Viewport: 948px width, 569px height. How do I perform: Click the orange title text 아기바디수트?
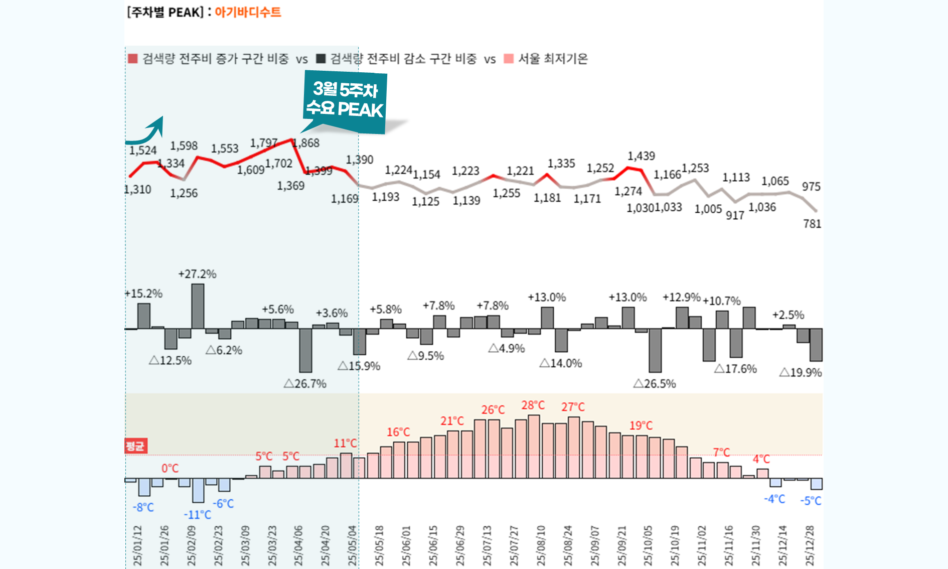coord(248,12)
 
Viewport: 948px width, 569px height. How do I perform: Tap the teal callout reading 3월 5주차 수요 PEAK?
coord(345,100)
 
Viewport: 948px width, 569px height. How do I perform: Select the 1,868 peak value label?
coord(306,143)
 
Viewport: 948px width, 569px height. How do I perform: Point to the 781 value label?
coord(812,224)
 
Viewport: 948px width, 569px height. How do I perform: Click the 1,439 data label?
coord(641,156)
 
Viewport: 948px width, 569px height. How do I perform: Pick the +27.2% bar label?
coord(197,274)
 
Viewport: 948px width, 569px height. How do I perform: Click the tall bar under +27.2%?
coord(198,306)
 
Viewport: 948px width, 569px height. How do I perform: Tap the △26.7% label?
coord(305,384)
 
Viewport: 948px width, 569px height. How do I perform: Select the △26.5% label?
coord(655,384)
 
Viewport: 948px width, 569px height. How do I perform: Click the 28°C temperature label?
coord(533,405)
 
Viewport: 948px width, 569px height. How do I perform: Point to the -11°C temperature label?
coord(197,515)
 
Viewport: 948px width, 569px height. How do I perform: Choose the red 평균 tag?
coord(135,446)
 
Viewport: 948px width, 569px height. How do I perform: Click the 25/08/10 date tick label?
coord(541,546)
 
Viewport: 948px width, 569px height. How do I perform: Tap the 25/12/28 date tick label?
coord(810,546)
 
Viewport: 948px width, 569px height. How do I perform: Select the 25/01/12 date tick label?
coord(137,546)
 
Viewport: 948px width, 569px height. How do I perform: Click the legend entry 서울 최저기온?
coord(552,59)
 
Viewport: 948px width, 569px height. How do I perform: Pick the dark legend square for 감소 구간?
coord(321,59)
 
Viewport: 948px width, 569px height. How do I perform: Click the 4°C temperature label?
coord(761,459)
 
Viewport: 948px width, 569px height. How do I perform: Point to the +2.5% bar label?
coord(788,315)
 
